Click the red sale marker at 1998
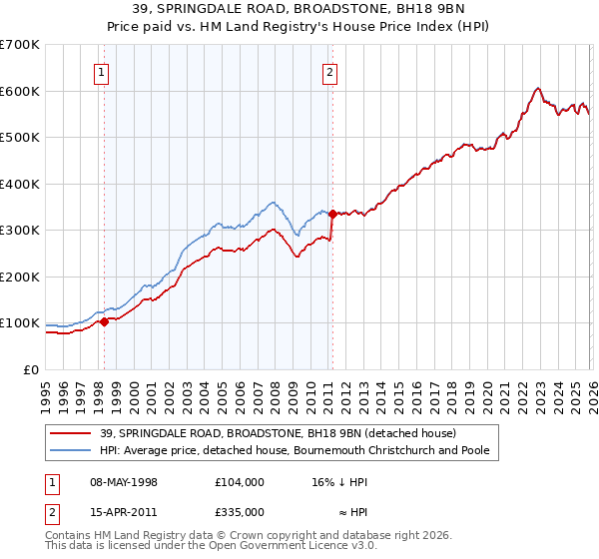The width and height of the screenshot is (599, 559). point(104,321)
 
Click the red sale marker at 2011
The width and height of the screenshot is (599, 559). point(331,213)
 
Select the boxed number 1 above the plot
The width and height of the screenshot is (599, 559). point(104,71)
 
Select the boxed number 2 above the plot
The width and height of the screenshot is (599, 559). point(329,71)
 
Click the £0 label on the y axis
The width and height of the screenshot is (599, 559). point(31,369)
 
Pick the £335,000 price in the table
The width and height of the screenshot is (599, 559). point(240,512)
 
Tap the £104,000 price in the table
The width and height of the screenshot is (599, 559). point(240,482)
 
